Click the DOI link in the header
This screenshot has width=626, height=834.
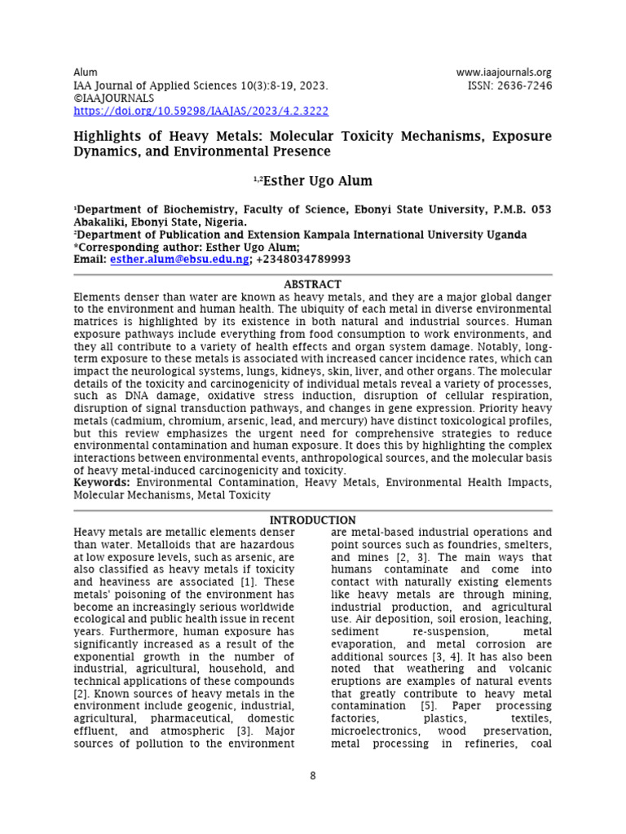click(201, 112)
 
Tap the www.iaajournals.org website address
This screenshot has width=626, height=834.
click(504, 72)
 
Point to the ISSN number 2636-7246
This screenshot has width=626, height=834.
click(509, 86)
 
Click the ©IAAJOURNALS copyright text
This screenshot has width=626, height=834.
click(114, 99)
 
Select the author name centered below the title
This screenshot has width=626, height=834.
click(312, 180)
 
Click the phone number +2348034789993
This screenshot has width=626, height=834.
click(303, 260)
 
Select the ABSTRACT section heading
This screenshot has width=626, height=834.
click(312, 284)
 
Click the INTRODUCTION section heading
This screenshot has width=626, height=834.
click(312, 520)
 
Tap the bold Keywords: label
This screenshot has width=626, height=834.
click(102, 483)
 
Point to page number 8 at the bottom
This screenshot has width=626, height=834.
click(312, 775)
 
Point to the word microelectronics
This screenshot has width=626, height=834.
click(376, 731)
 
